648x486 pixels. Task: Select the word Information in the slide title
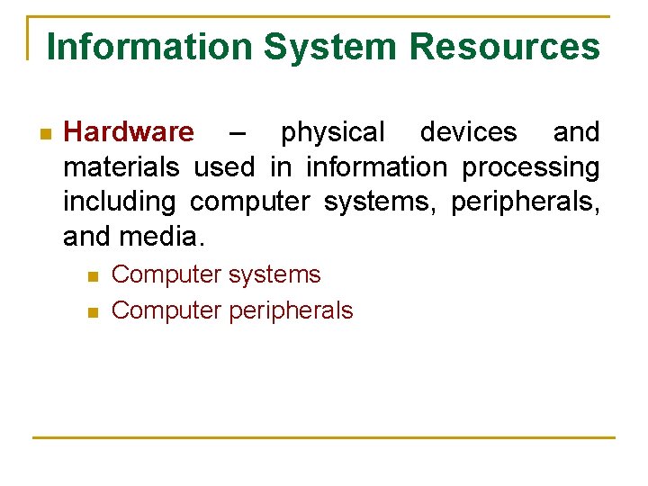coord(149,46)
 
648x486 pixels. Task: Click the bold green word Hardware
coord(129,132)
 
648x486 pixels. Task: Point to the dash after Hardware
coord(236,133)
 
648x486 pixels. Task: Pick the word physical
coord(332,133)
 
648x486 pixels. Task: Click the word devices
coord(469,132)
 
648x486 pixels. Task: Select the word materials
coord(122,167)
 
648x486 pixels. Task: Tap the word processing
coord(530,168)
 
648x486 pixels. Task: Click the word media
coord(168,237)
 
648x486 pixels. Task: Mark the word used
coord(223,167)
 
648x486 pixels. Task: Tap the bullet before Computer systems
coord(92,275)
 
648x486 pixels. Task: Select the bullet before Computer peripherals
coord(92,312)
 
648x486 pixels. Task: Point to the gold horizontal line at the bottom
coord(324,437)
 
